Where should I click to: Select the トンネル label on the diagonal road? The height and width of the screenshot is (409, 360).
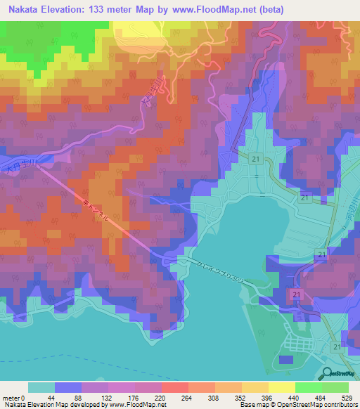pyautogui.click(x=97, y=209)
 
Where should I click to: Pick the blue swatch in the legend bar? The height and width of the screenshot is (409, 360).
pyautogui.click(x=68, y=387)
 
